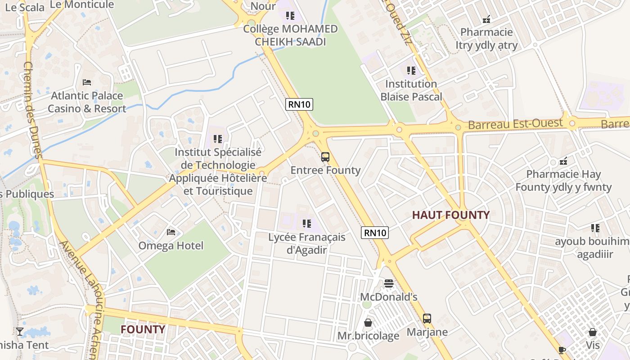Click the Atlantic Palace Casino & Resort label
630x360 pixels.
coord(87,102)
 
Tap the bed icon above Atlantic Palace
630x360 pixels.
coord(87,82)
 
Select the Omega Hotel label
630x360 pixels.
coord(171,246)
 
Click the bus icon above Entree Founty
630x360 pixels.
coord(325,157)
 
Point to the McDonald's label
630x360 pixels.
coord(389,297)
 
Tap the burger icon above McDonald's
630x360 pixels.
coord(389,283)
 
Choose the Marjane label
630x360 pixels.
coord(427,332)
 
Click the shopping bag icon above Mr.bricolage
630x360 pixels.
coord(368,323)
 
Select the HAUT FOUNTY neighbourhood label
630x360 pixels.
coord(451,215)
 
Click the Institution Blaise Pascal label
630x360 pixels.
coord(411,90)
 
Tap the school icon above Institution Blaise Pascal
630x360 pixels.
coord(411,71)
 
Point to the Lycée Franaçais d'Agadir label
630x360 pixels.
coord(307,243)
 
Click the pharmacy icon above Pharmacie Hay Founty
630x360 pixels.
coord(563,161)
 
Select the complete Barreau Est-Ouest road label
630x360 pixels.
coord(515,124)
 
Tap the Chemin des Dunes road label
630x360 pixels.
coord(32,110)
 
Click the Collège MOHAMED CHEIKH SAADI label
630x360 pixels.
coord(290,35)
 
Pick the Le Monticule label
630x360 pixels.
coord(82,4)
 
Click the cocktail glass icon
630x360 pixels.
coord(20,332)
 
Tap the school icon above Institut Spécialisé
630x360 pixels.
coord(218,139)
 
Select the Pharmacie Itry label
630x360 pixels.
coord(486,39)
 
